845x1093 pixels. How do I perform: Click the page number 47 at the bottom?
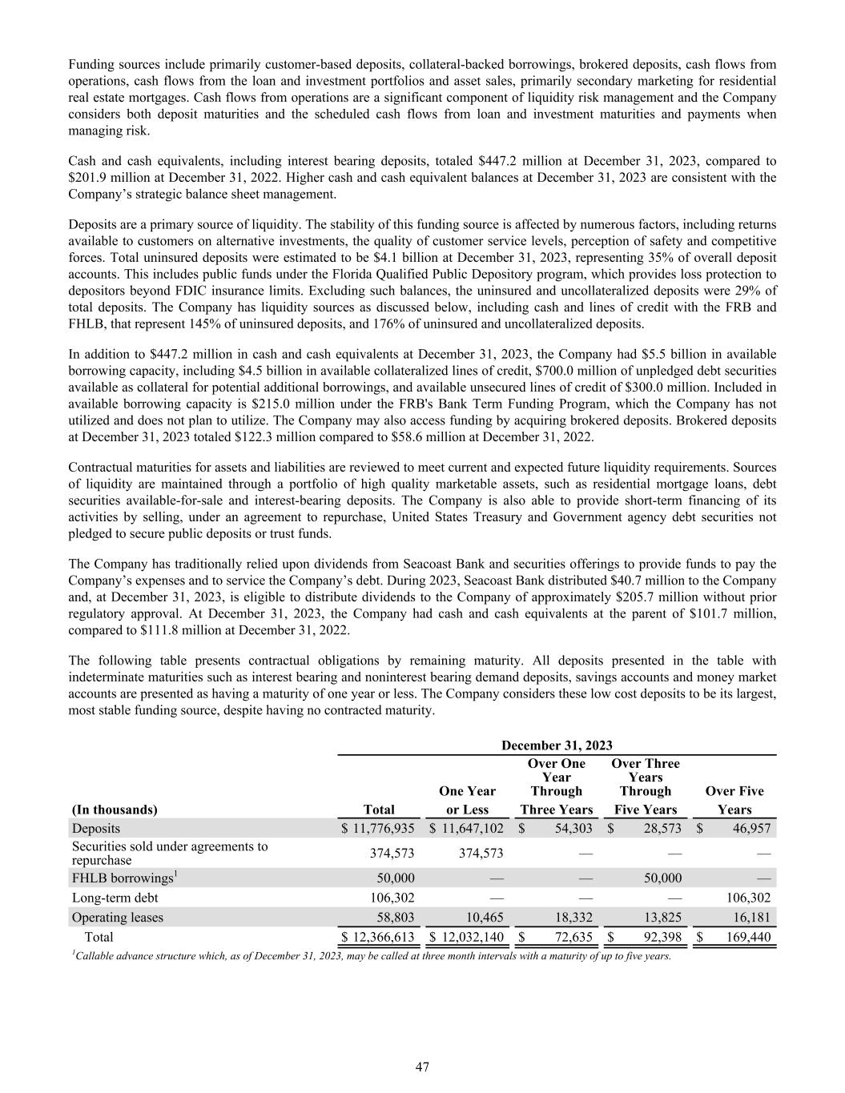422,1067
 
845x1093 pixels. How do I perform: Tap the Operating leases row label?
117,918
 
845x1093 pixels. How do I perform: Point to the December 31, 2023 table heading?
557,746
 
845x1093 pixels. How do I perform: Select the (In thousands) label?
115,810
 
